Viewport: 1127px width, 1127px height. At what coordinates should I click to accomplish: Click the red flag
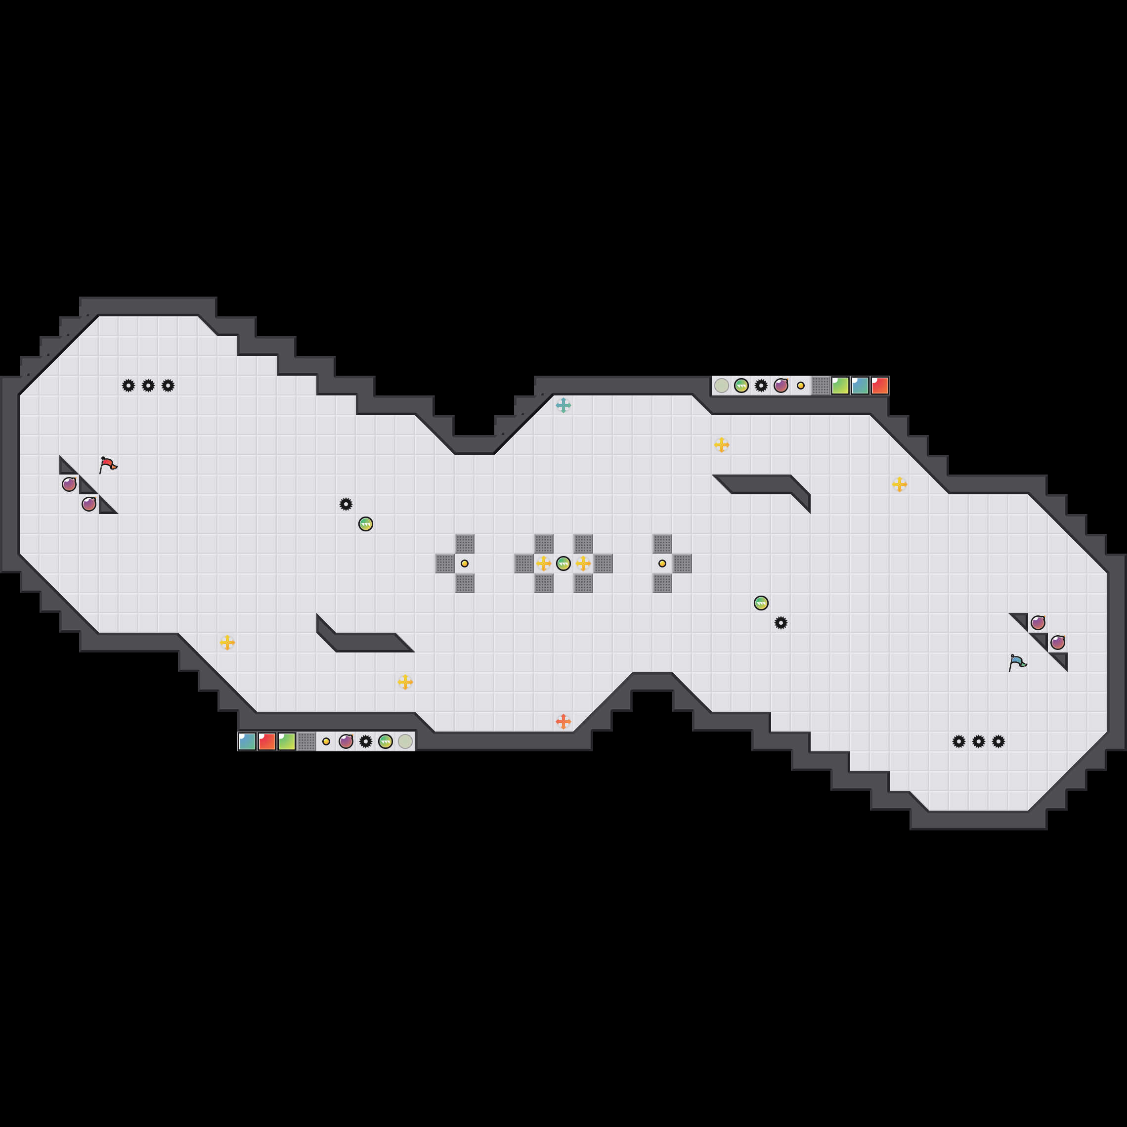tap(108, 465)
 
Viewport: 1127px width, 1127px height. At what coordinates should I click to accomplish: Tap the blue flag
tap(1017, 662)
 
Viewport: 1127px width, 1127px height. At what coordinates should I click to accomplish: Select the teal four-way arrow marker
tap(563, 405)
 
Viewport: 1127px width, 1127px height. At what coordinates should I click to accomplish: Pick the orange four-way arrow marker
tap(563, 722)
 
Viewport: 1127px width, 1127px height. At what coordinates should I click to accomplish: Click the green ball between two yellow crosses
tap(563, 563)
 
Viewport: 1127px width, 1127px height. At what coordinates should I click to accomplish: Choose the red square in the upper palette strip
tap(880, 386)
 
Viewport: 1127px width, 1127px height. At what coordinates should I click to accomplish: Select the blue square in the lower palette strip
tap(247, 741)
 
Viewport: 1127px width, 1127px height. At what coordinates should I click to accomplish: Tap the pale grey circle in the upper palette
tap(722, 386)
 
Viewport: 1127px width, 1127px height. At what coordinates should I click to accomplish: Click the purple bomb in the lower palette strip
tap(346, 741)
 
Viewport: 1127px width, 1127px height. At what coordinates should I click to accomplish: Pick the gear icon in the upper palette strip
tap(761, 386)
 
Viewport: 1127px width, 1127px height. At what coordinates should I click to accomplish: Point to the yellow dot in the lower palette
tap(326, 741)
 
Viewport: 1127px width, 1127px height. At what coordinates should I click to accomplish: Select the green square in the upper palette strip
tap(840, 386)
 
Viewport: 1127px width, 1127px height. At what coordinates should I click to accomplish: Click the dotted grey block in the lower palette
tap(306, 741)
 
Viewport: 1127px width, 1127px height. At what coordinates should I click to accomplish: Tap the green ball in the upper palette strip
tap(741, 386)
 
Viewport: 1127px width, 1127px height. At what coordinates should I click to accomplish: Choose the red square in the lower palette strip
tap(267, 741)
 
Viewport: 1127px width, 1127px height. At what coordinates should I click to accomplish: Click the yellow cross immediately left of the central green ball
tap(543, 563)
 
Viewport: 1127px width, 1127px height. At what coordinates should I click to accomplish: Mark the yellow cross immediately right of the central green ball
tap(583, 563)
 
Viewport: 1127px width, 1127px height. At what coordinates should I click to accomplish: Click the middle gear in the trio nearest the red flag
tap(148, 386)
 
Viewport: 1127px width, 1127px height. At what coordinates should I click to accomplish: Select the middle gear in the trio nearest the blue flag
tap(979, 741)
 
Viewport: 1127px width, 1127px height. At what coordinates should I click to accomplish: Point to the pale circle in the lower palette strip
tap(405, 741)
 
